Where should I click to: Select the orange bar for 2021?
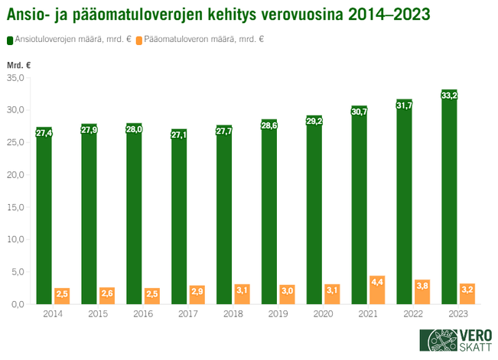pyautogui.click(x=377, y=290)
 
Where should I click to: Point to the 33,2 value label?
pyautogui.click(x=450, y=96)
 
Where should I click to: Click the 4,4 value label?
pyautogui.click(x=377, y=282)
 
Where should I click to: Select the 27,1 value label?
pyautogui.click(x=179, y=135)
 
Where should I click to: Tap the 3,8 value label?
pyautogui.click(x=422, y=286)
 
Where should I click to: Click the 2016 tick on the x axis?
pyautogui.click(x=143, y=313)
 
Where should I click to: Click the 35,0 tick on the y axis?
pyautogui.click(x=16, y=78)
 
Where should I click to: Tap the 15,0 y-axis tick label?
pyautogui.click(x=16, y=207)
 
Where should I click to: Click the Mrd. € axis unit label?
pyautogui.click(x=18, y=65)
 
